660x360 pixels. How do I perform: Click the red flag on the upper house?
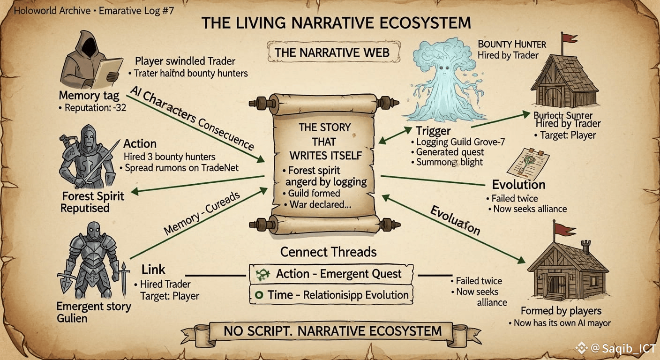(569, 38)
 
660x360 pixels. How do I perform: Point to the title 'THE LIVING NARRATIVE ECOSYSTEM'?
(336, 23)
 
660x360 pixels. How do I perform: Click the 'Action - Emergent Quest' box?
(331, 274)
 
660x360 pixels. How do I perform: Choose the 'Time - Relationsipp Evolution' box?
(331, 295)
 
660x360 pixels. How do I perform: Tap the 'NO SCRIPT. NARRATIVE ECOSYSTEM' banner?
(332, 331)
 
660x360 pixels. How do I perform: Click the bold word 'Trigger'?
(433, 131)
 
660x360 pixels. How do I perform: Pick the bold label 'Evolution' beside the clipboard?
(518, 185)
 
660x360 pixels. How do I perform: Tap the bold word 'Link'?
(153, 270)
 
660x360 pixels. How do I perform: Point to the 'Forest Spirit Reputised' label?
(92, 202)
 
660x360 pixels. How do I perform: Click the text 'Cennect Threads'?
(328, 252)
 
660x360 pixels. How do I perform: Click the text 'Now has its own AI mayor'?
(559, 323)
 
